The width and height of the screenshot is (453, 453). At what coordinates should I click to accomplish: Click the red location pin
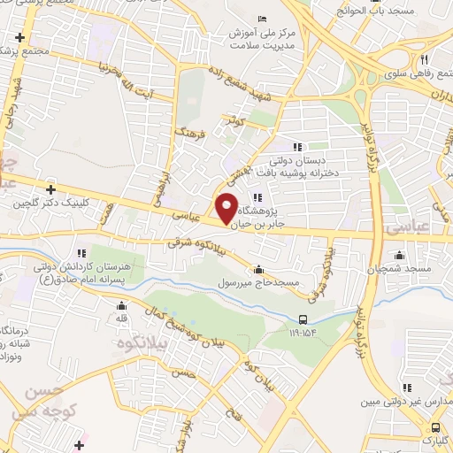click(x=227, y=208)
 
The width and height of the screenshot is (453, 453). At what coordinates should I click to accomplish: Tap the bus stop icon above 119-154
click(x=304, y=320)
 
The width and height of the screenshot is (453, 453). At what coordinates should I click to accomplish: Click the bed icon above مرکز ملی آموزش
click(x=261, y=19)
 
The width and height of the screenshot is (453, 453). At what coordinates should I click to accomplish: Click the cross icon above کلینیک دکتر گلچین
click(x=51, y=189)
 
